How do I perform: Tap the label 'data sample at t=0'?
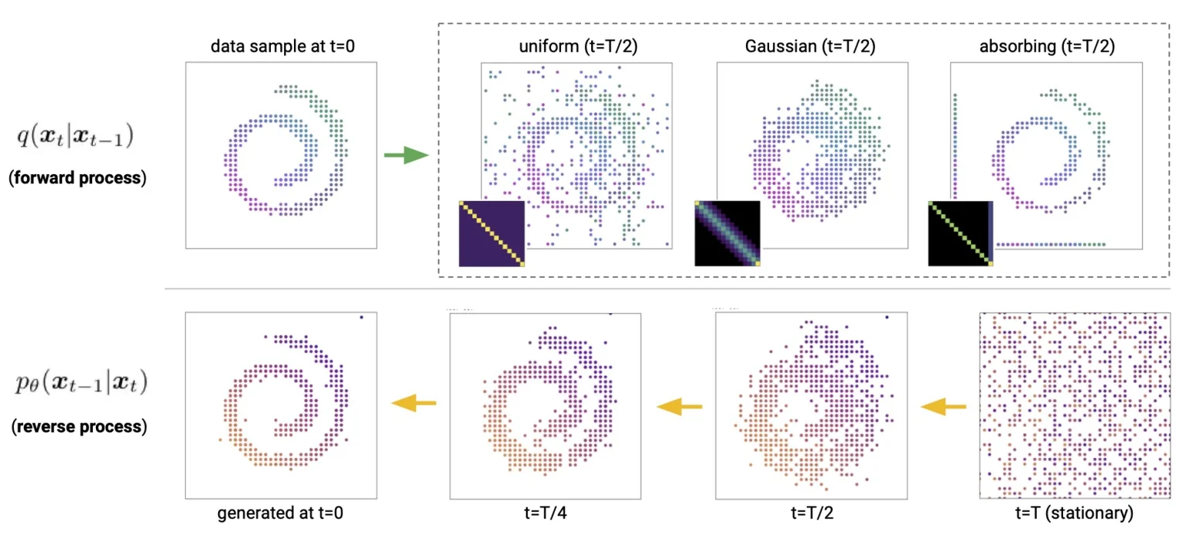tap(281, 47)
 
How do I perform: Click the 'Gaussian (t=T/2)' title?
tap(810, 47)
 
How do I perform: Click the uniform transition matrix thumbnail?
tap(491, 234)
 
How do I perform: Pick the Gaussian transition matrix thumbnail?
tap(727, 234)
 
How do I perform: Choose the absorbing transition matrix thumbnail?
tap(960, 234)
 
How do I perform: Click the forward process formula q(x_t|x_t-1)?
tap(77, 138)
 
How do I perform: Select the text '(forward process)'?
tap(77, 177)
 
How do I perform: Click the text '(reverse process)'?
tap(78, 426)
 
